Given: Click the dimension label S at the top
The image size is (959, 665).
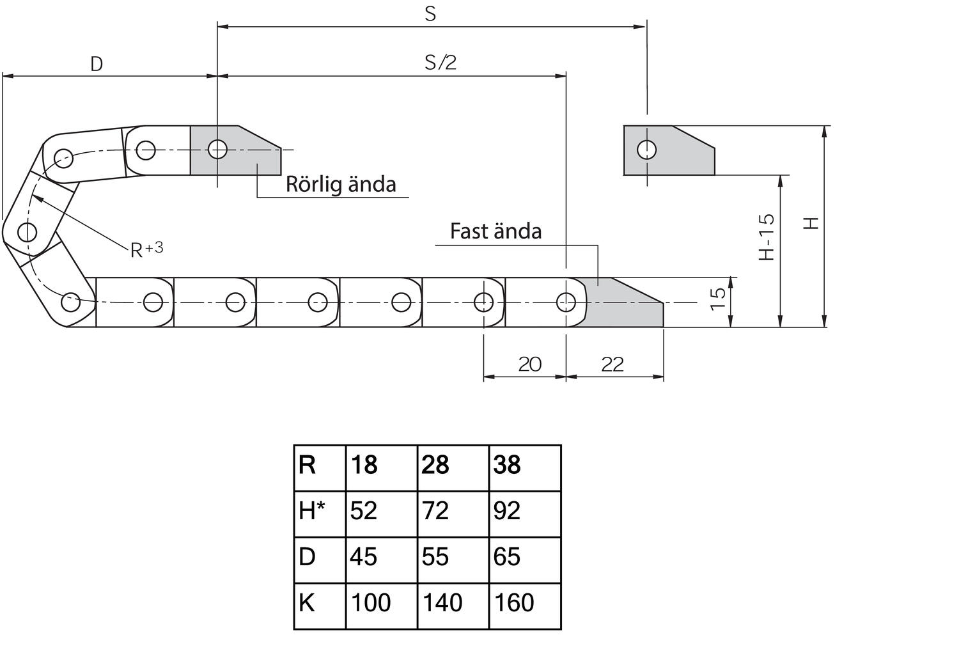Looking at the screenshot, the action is pyautogui.click(x=430, y=13).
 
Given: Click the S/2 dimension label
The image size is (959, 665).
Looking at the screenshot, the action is pyautogui.click(x=441, y=63).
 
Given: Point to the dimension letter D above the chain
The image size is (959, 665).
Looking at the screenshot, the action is pyautogui.click(x=97, y=64).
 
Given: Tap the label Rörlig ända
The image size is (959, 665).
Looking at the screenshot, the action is pyautogui.click(x=341, y=184).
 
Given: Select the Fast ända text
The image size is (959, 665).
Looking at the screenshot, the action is pyautogui.click(x=495, y=231).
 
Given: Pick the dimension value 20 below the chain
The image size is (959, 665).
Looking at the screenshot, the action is pyautogui.click(x=530, y=364).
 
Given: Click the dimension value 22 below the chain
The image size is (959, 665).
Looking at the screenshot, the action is pyautogui.click(x=612, y=365).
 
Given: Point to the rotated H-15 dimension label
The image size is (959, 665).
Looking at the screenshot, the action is pyautogui.click(x=767, y=237).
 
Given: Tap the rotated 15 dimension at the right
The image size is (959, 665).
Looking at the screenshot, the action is pyautogui.click(x=717, y=299).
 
